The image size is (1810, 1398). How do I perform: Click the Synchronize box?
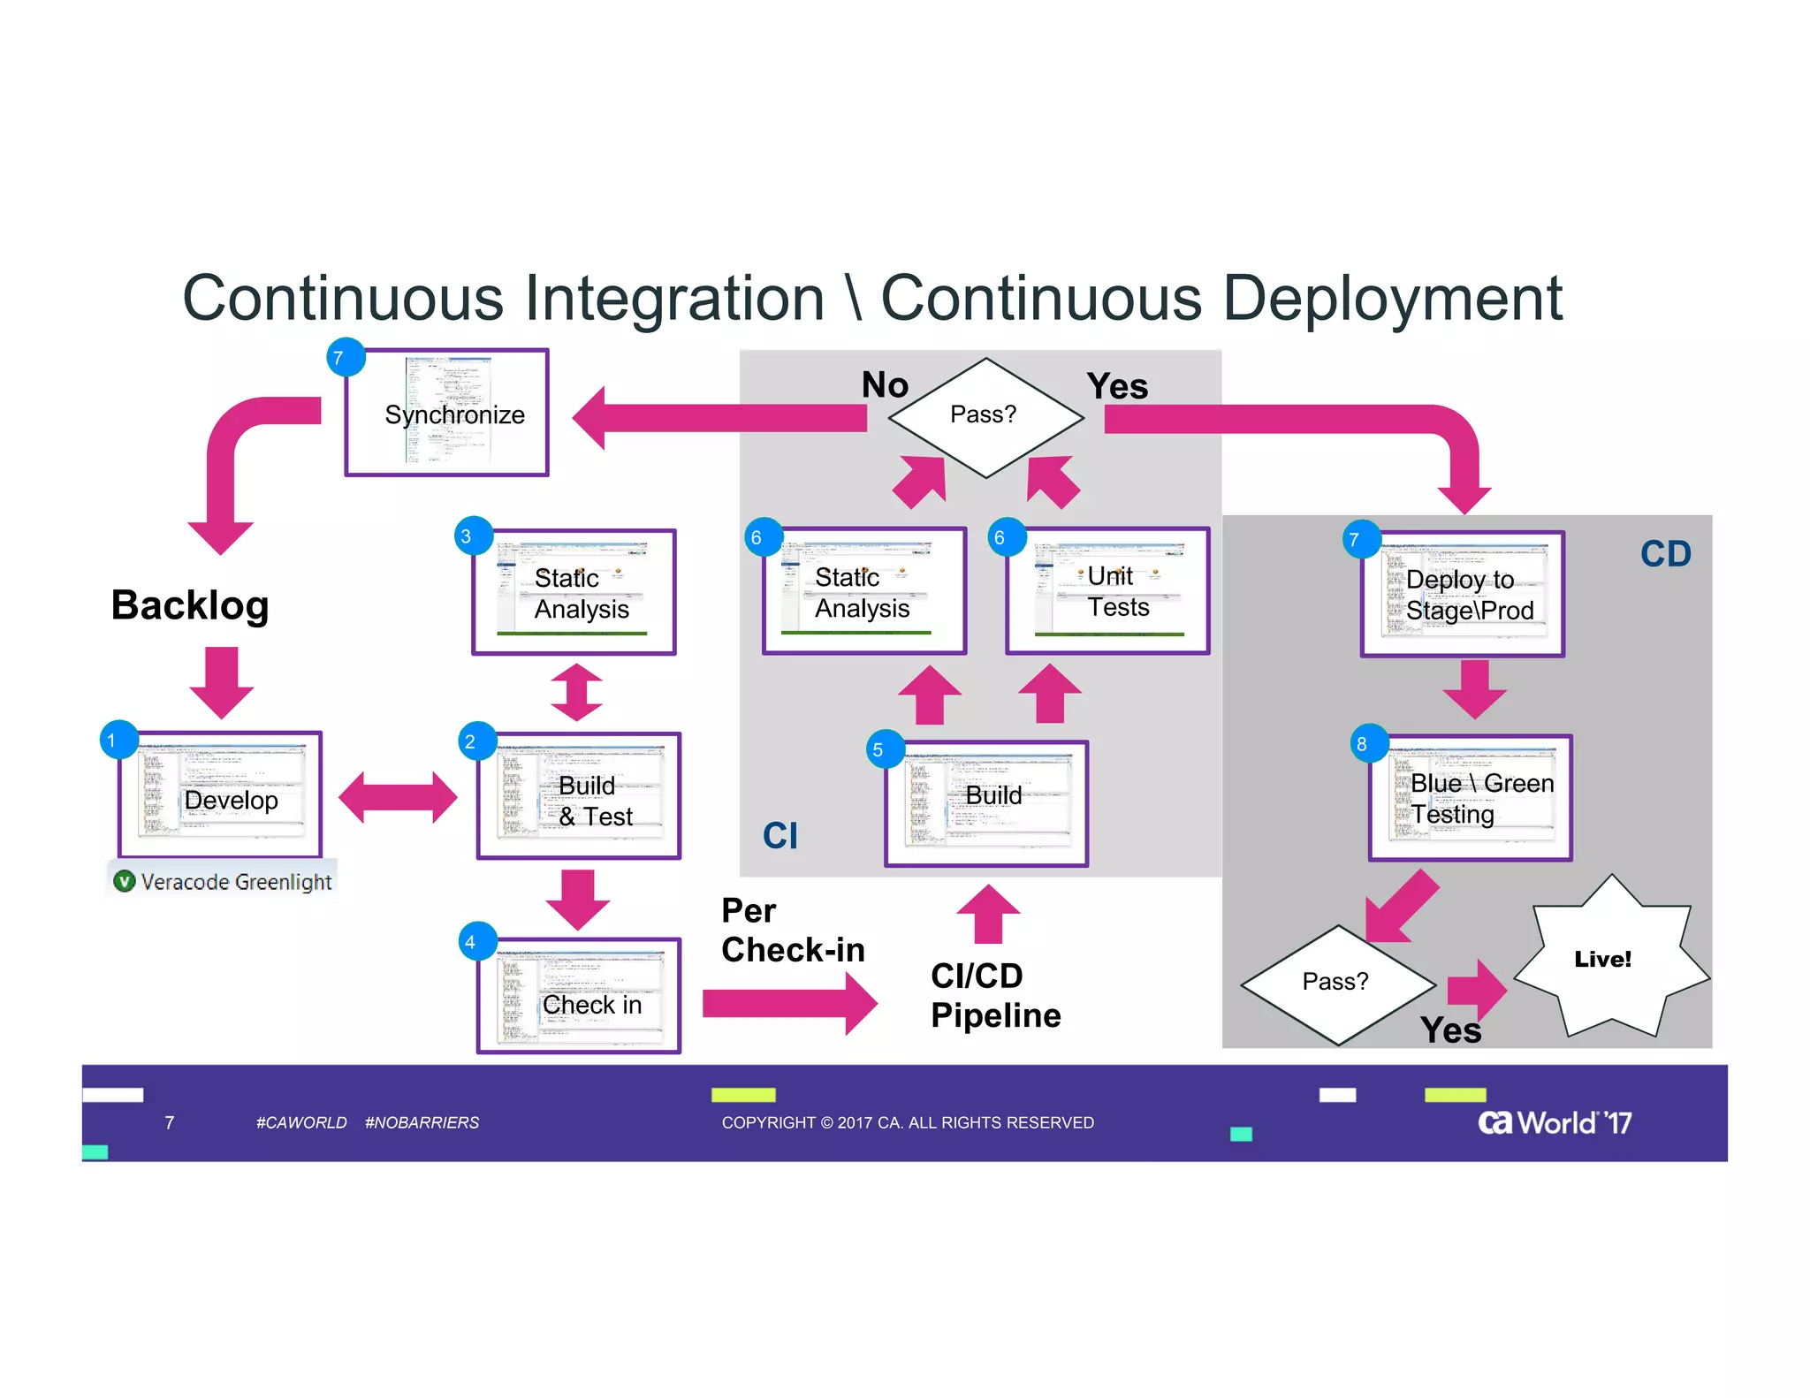(447, 413)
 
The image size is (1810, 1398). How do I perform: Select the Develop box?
(221, 794)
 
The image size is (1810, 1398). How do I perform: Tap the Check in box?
(579, 996)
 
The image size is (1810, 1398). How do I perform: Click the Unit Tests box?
(1107, 591)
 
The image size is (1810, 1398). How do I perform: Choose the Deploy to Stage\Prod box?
(1463, 594)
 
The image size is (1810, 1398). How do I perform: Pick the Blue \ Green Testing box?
(1471, 798)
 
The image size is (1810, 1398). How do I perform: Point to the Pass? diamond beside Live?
(1337, 984)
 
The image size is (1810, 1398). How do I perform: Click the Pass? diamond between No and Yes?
(985, 416)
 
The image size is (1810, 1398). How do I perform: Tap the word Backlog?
(190, 605)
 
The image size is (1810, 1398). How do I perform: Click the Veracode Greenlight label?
(223, 881)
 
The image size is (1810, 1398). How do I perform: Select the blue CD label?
(1665, 554)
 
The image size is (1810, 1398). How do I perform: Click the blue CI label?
(780, 835)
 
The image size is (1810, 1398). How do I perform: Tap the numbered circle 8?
(1362, 744)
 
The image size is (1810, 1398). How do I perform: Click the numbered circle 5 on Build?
(878, 749)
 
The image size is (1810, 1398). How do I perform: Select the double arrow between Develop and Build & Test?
(398, 797)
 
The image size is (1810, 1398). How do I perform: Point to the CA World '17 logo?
(1555, 1122)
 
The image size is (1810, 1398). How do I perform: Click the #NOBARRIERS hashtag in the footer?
(422, 1122)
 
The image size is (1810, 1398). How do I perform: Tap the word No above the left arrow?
(885, 385)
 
